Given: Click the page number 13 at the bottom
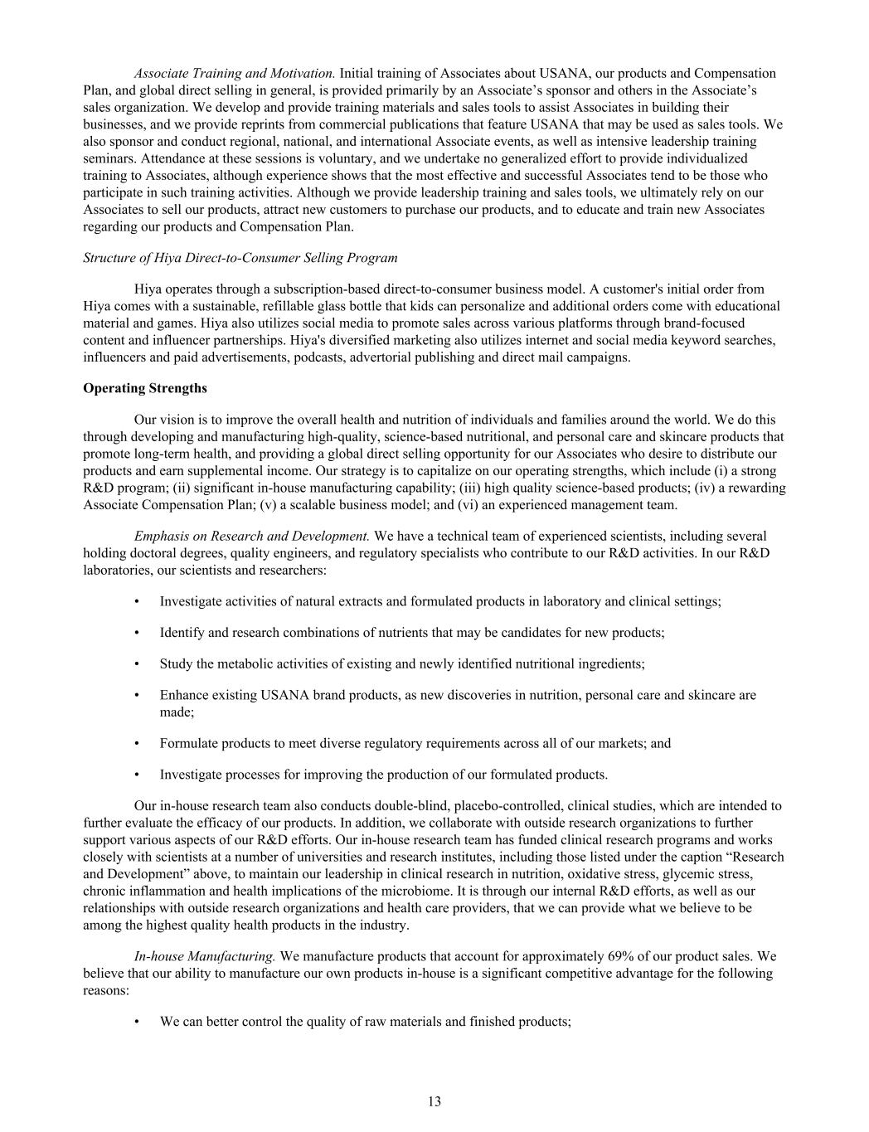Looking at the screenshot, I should [434, 1101].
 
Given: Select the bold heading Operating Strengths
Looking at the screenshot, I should [145, 388].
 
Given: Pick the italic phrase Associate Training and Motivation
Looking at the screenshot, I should [235, 73].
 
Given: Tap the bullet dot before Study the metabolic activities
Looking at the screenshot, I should [136, 663].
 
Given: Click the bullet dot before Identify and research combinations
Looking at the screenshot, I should [136, 633].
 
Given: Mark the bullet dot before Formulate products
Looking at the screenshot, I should [136, 743].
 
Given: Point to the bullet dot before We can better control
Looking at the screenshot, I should [136, 1022].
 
